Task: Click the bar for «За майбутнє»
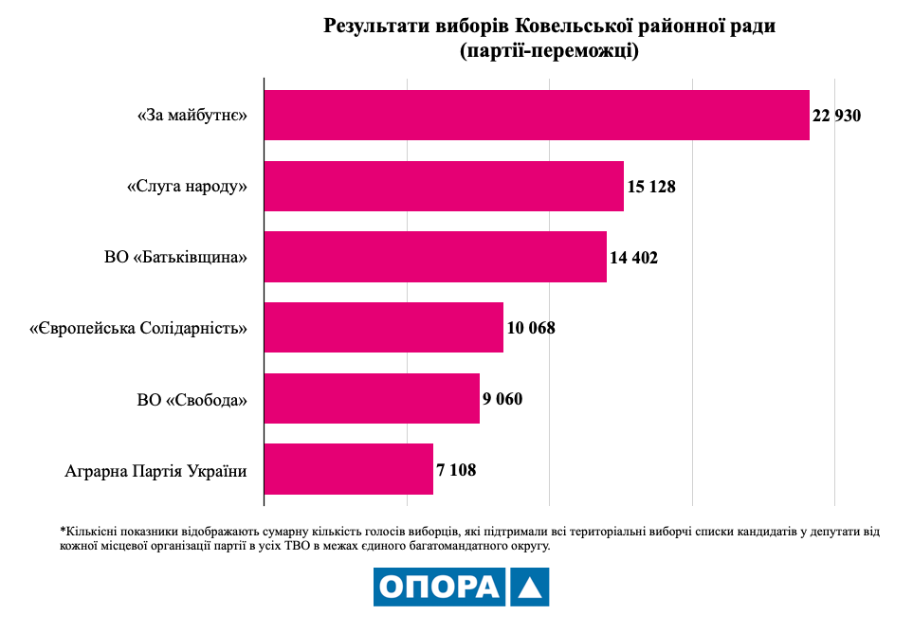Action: tap(537, 116)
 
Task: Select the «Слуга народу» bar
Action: tap(444, 186)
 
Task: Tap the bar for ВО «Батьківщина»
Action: tap(435, 257)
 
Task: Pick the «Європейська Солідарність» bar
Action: tap(383, 328)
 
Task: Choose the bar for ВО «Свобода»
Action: tap(372, 398)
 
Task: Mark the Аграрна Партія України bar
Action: tap(348, 469)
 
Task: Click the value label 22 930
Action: tap(836, 116)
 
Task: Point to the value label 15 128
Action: tap(650, 187)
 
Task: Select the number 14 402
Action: tap(633, 258)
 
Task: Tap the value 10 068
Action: tap(531, 329)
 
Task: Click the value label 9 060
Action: tap(502, 399)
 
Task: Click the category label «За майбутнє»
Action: tap(192, 116)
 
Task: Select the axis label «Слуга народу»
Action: tap(187, 187)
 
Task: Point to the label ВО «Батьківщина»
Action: tap(176, 258)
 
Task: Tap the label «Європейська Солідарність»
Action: tap(138, 329)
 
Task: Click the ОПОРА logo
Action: tap(461, 587)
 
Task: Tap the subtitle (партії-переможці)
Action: tap(549, 49)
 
